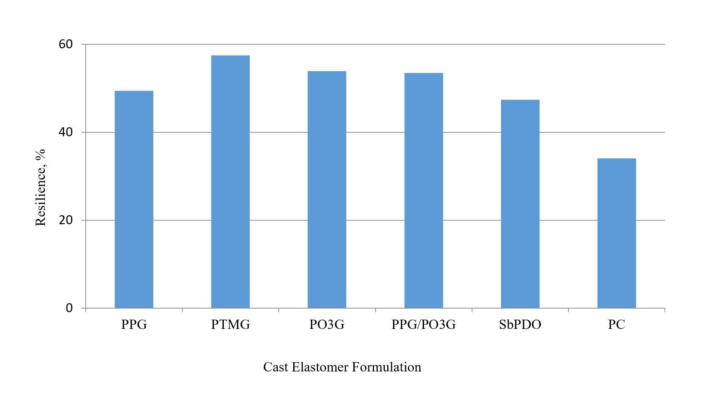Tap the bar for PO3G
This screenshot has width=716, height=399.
click(x=327, y=189)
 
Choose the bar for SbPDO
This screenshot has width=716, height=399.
click(x=520, y=204)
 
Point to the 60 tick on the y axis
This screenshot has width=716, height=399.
click(x=66, y=44)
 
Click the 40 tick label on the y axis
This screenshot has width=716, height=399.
click(x=66, y=132)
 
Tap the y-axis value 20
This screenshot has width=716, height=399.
click(x=66, y=220)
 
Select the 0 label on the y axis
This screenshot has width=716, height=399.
click(x=69, y=308)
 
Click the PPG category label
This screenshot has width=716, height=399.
click(x=134, y=325)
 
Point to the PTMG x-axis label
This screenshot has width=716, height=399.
click(x=230, y=325)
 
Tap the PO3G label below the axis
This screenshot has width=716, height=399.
click(x=327, y=325)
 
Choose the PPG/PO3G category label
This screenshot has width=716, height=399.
click(x=423, y=325)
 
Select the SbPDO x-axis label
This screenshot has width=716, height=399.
click(x=520, y=325)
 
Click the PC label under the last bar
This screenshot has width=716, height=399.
click(x=616, y=325)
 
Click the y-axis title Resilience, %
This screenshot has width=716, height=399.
click(x=41, y=187)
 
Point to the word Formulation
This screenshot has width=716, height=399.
click(x=387, y=367)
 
